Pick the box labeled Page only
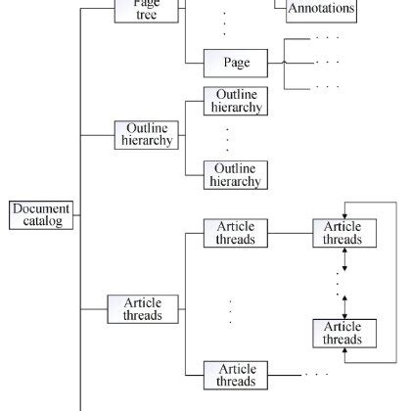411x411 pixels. pos(236,63)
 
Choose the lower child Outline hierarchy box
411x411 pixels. pos(235,175)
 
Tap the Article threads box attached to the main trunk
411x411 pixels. pos(143,308)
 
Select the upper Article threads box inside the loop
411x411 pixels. pos(342,233)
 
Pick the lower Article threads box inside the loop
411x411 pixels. pos(342,333)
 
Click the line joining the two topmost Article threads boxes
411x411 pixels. pos(290,233)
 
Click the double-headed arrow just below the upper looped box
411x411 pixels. pos(342,259)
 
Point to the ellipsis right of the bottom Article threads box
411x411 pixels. pos(315,374)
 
